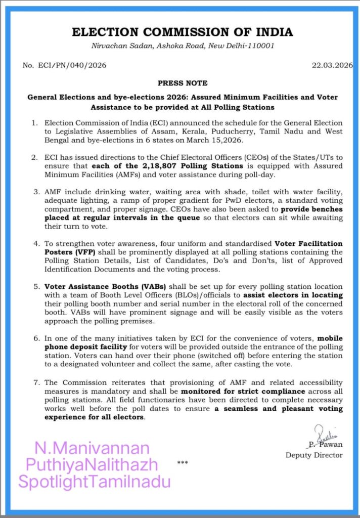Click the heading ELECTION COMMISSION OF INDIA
182,32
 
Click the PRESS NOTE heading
183,82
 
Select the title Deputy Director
314,455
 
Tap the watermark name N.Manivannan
93,448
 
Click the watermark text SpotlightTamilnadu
95,482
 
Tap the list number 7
35,382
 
